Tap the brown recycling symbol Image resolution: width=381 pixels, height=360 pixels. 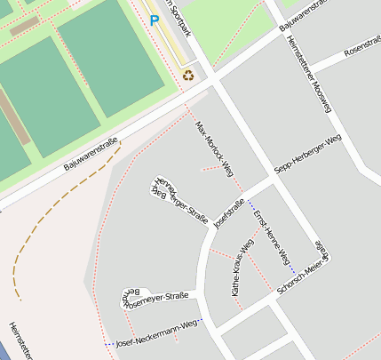(x=188, y=76)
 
